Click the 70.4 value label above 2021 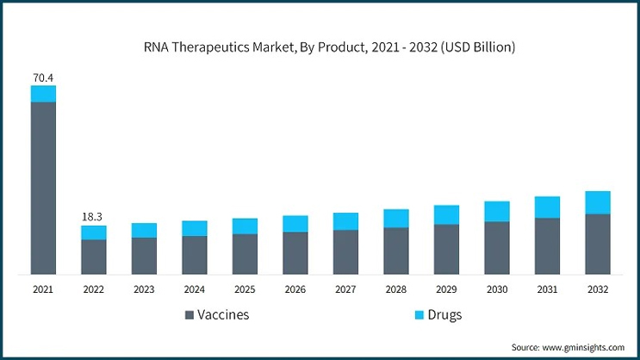43,76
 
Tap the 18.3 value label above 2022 94,216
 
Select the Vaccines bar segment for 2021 43,188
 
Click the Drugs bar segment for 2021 43,94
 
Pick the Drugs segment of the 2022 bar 94,233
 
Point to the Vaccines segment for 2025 245,254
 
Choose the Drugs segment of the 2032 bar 598,202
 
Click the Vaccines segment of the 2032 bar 598,244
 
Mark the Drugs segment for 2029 446,214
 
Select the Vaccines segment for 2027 345,252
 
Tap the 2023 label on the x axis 144,290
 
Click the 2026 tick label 295,290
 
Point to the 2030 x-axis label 497,290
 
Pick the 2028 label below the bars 396,290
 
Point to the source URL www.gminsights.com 583,346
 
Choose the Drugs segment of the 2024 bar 195,228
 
